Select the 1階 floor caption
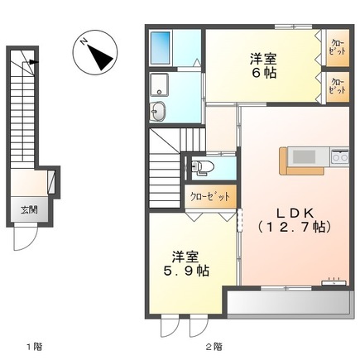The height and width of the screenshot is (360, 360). (x=32, y=345)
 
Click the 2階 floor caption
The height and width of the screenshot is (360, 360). (x=214, y=345)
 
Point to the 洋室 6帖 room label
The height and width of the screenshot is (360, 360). (x=262, y=65)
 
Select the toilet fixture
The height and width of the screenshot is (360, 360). (x=201, y=169)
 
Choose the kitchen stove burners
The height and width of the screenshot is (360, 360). (x=340, y=156)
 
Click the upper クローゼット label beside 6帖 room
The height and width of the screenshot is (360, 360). (x=337, y=48)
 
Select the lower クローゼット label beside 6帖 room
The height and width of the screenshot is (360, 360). (x=337, y=87)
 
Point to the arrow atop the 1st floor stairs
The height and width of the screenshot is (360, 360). (x=32, y=61)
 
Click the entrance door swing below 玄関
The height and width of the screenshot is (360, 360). (x=26, y=239)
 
